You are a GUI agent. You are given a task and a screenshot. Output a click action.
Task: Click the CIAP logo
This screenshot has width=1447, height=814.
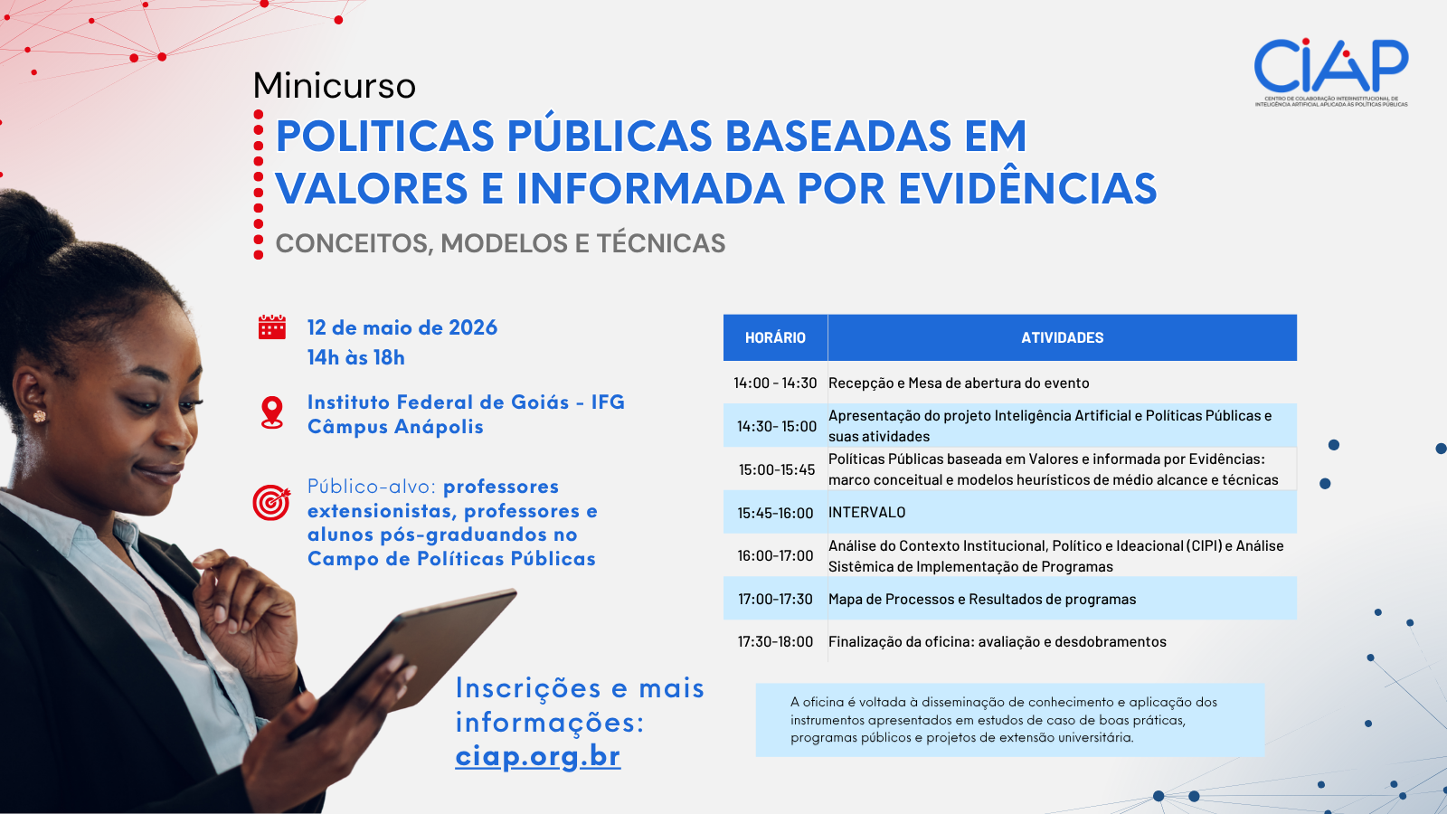[x=1330, y=71]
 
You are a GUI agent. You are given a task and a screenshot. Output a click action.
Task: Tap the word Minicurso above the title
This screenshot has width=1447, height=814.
[x=335, y=86]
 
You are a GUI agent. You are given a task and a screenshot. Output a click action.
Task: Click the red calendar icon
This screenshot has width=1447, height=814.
[x=271, y=327]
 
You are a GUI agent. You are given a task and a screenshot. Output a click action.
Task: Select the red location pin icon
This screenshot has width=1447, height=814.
[x=271, y=412]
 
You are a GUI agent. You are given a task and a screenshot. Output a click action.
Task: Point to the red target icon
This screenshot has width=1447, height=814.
[x=271, y=502]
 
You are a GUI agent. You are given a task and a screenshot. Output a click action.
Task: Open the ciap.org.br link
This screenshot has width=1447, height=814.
[x=537, y=756]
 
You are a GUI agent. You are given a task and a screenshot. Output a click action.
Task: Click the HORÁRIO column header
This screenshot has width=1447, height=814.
[x=775, y=337]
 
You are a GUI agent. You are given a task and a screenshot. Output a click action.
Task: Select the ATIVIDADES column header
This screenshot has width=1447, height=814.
[x=1062, y=337]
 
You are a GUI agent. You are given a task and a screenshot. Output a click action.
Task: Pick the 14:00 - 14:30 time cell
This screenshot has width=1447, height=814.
[x=775, y=383]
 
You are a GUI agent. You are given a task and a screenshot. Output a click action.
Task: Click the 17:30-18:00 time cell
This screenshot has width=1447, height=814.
[x=775, y=641]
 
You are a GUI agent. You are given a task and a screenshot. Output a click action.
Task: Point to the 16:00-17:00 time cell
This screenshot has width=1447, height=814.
[x=775, y=555]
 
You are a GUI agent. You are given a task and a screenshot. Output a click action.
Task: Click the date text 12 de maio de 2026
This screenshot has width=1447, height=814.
[x=402, y=327]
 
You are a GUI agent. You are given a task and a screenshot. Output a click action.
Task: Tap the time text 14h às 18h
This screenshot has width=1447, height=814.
[x=355, y=357]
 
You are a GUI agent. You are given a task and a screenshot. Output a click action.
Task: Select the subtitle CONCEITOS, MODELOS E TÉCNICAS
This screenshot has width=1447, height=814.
[x=500, y=243]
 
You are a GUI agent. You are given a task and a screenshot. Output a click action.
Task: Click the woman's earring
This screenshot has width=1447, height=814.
[x=39, y=416]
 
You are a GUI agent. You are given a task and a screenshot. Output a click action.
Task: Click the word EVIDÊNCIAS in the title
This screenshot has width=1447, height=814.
[x=1027, y=188]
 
